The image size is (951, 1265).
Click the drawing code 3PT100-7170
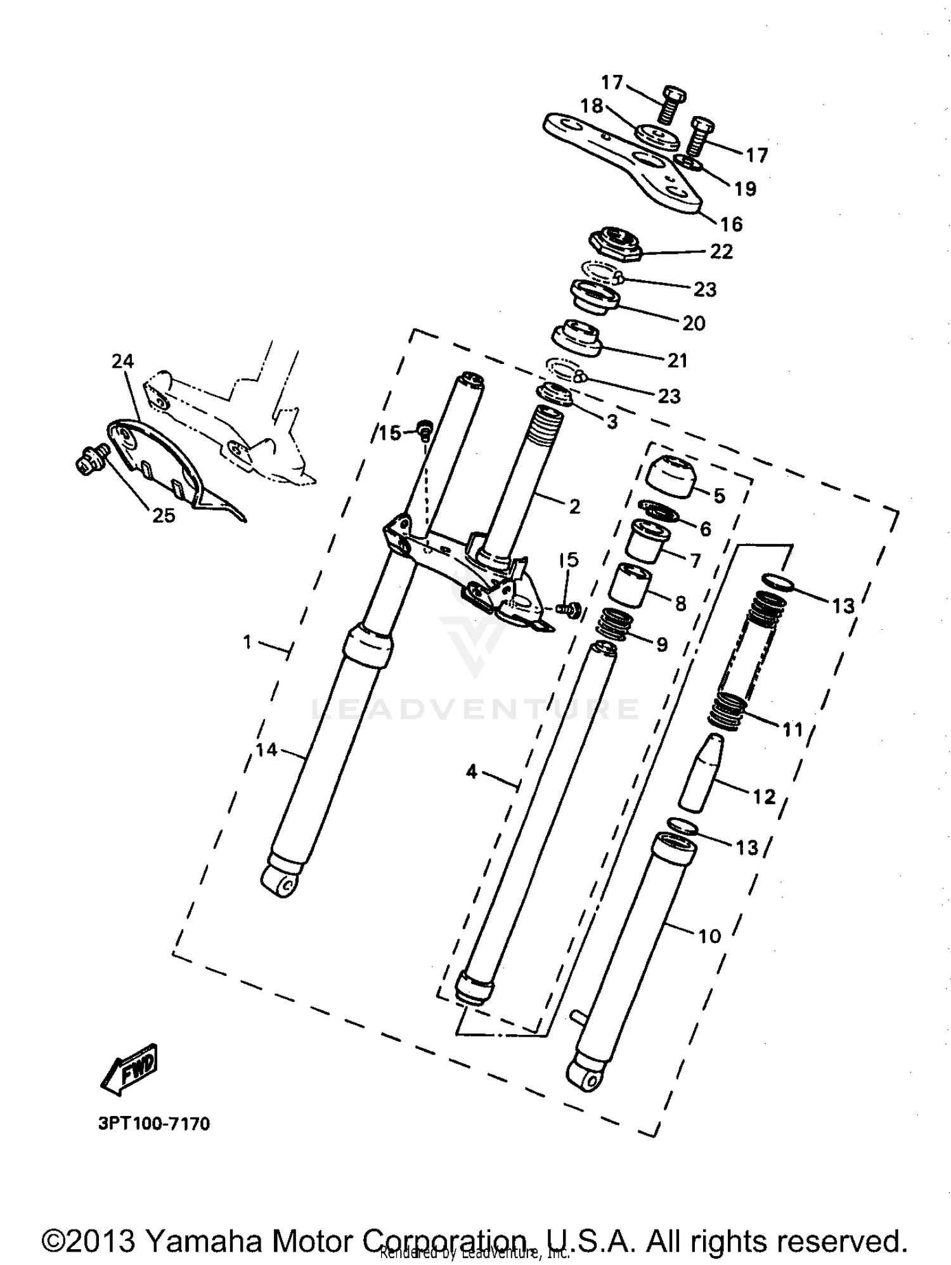[153, 1124]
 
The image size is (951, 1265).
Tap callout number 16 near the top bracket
[731, 224]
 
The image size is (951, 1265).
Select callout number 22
[721, 252]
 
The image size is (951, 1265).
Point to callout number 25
[164, 516]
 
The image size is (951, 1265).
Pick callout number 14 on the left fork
[266, 749]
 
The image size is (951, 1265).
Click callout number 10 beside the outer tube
[709, 936]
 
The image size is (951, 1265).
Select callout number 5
[719, 495]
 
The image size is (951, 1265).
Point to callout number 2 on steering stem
[574, 506]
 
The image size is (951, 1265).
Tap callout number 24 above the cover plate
[123, 361]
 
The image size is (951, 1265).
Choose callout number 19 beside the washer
[745, 188]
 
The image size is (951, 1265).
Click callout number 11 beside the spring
[792, 730]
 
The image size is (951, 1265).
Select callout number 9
[661, 644]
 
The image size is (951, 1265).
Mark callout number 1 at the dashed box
[247, 642]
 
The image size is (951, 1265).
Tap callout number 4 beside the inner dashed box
[471, 772]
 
